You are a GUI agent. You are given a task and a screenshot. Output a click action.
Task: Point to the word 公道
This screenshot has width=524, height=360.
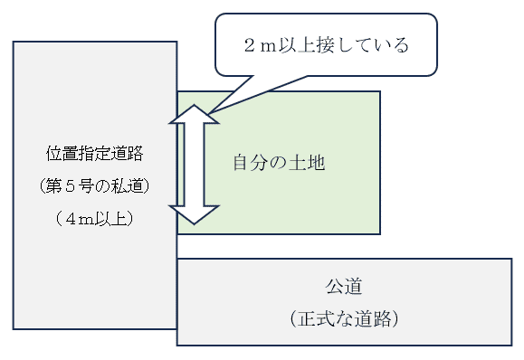[344, 289]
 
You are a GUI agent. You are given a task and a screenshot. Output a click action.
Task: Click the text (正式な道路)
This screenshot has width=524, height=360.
[344, 319]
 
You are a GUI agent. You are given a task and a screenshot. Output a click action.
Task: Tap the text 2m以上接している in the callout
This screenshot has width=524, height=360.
[326, 44]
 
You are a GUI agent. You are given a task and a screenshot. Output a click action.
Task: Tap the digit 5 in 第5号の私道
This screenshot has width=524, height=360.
[79, 185]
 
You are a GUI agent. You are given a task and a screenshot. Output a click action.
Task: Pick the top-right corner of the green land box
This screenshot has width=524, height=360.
[379, 91]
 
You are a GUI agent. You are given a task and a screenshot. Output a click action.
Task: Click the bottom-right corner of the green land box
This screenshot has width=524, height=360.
[379, 233]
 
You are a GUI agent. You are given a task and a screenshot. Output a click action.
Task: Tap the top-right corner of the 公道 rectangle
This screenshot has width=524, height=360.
[511, 260]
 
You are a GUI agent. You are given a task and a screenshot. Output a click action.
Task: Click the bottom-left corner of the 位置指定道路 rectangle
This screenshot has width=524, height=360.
[14, 328]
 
